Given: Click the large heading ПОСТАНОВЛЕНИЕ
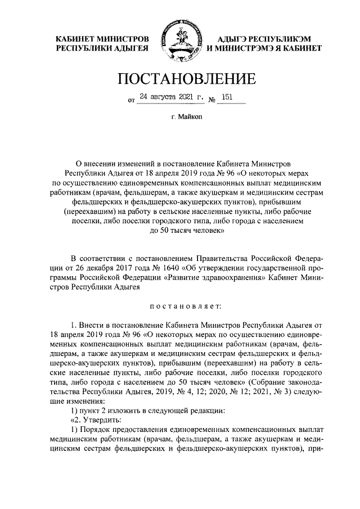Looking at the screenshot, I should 180,79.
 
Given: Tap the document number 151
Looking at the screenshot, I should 227,97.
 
